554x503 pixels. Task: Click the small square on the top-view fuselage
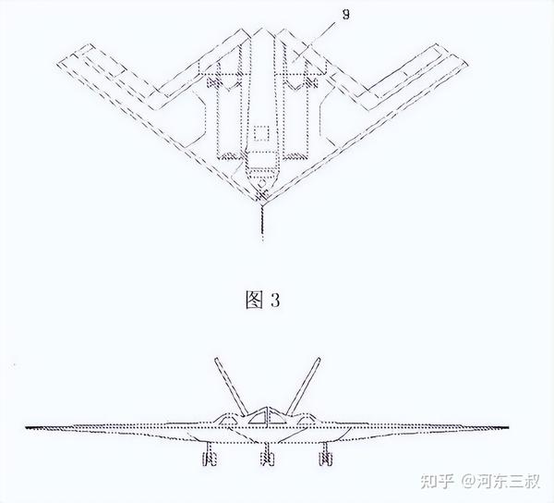coord(261,136)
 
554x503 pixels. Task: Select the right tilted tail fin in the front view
coord(301,385)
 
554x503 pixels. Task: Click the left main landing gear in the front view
coord(209,454)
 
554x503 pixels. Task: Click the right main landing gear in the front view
coord(325,454)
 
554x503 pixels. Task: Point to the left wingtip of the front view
coord(28,427)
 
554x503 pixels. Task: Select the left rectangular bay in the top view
coord(227,116)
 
